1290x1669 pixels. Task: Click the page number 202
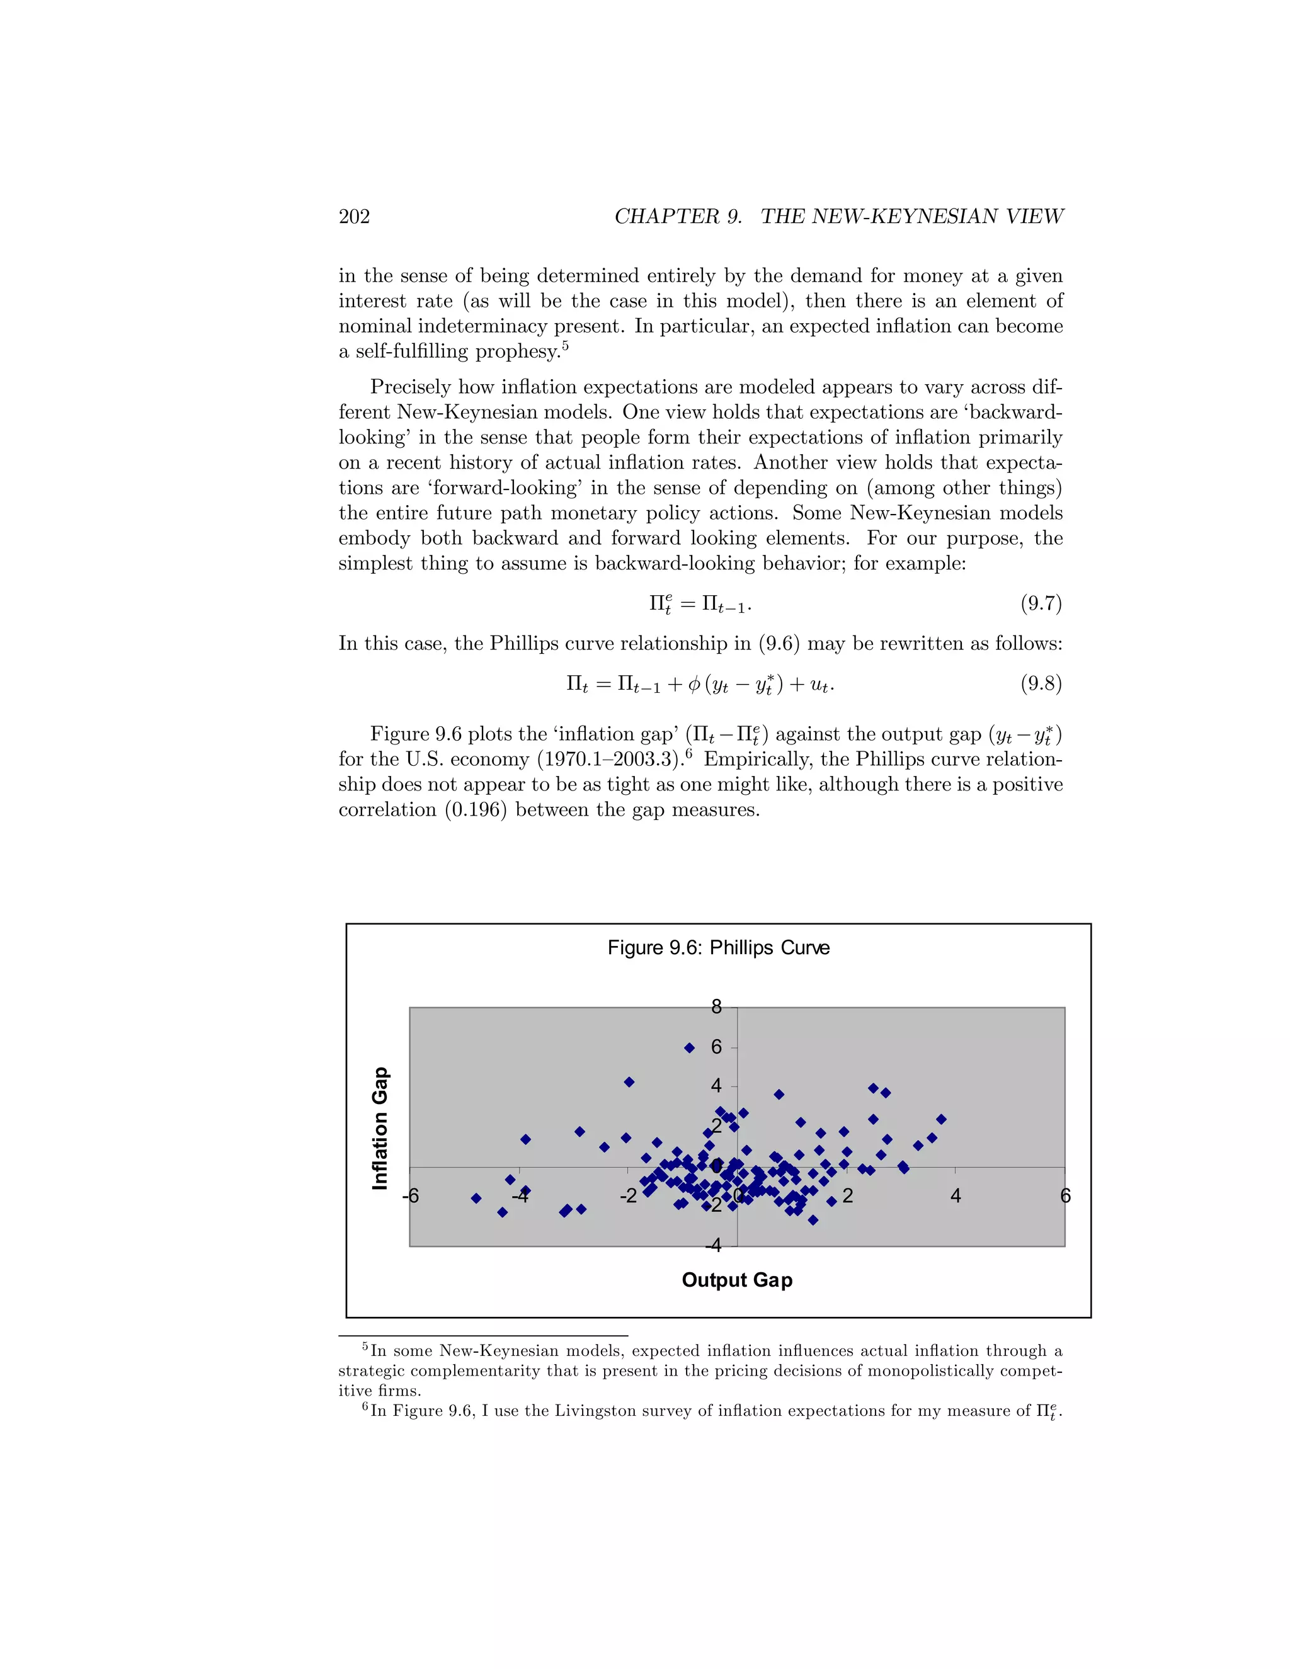(x=354, y=217)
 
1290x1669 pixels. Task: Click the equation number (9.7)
(x=1041, y=604)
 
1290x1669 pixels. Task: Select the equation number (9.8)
(x=1041, y=683)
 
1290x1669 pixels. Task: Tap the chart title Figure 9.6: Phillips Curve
(x=718, y=948)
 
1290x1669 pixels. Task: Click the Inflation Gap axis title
(x=380, y=1128)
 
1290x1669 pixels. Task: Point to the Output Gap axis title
(x=737, y=1279)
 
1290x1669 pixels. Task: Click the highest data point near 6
(x=688, y=1048)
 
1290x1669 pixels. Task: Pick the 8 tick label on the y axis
(x=716, y=1007)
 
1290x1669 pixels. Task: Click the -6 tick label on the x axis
(x=411, y=1196)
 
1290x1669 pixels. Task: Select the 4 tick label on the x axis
(x=956, y=1196)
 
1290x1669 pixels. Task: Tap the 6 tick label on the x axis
(x=1065, y=1196)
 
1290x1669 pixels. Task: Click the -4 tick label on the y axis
(x=713, y=1246)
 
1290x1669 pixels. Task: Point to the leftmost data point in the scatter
(x=476, y=1199)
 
